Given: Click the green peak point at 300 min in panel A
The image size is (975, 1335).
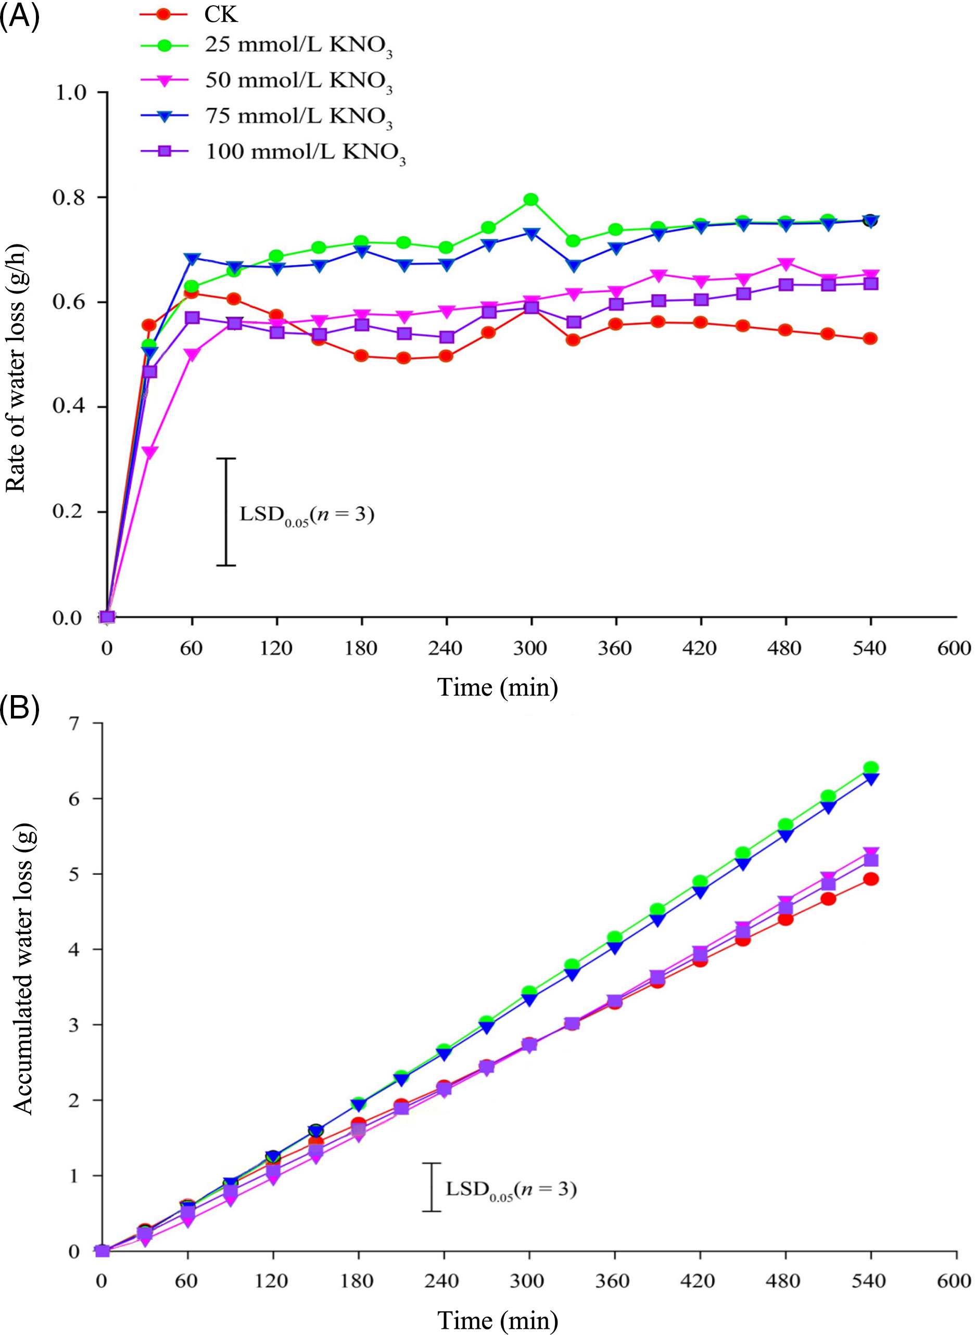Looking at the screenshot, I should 530,199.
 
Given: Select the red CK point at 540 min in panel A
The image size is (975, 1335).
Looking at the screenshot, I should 870,339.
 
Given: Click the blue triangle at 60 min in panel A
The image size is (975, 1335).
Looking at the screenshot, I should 191,259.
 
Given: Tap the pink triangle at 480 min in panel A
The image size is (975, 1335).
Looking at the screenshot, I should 785,263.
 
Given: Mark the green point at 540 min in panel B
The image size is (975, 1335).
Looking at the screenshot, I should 870,767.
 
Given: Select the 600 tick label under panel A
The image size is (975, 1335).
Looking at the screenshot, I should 954,649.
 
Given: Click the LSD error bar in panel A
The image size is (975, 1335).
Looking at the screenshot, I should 226,511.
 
